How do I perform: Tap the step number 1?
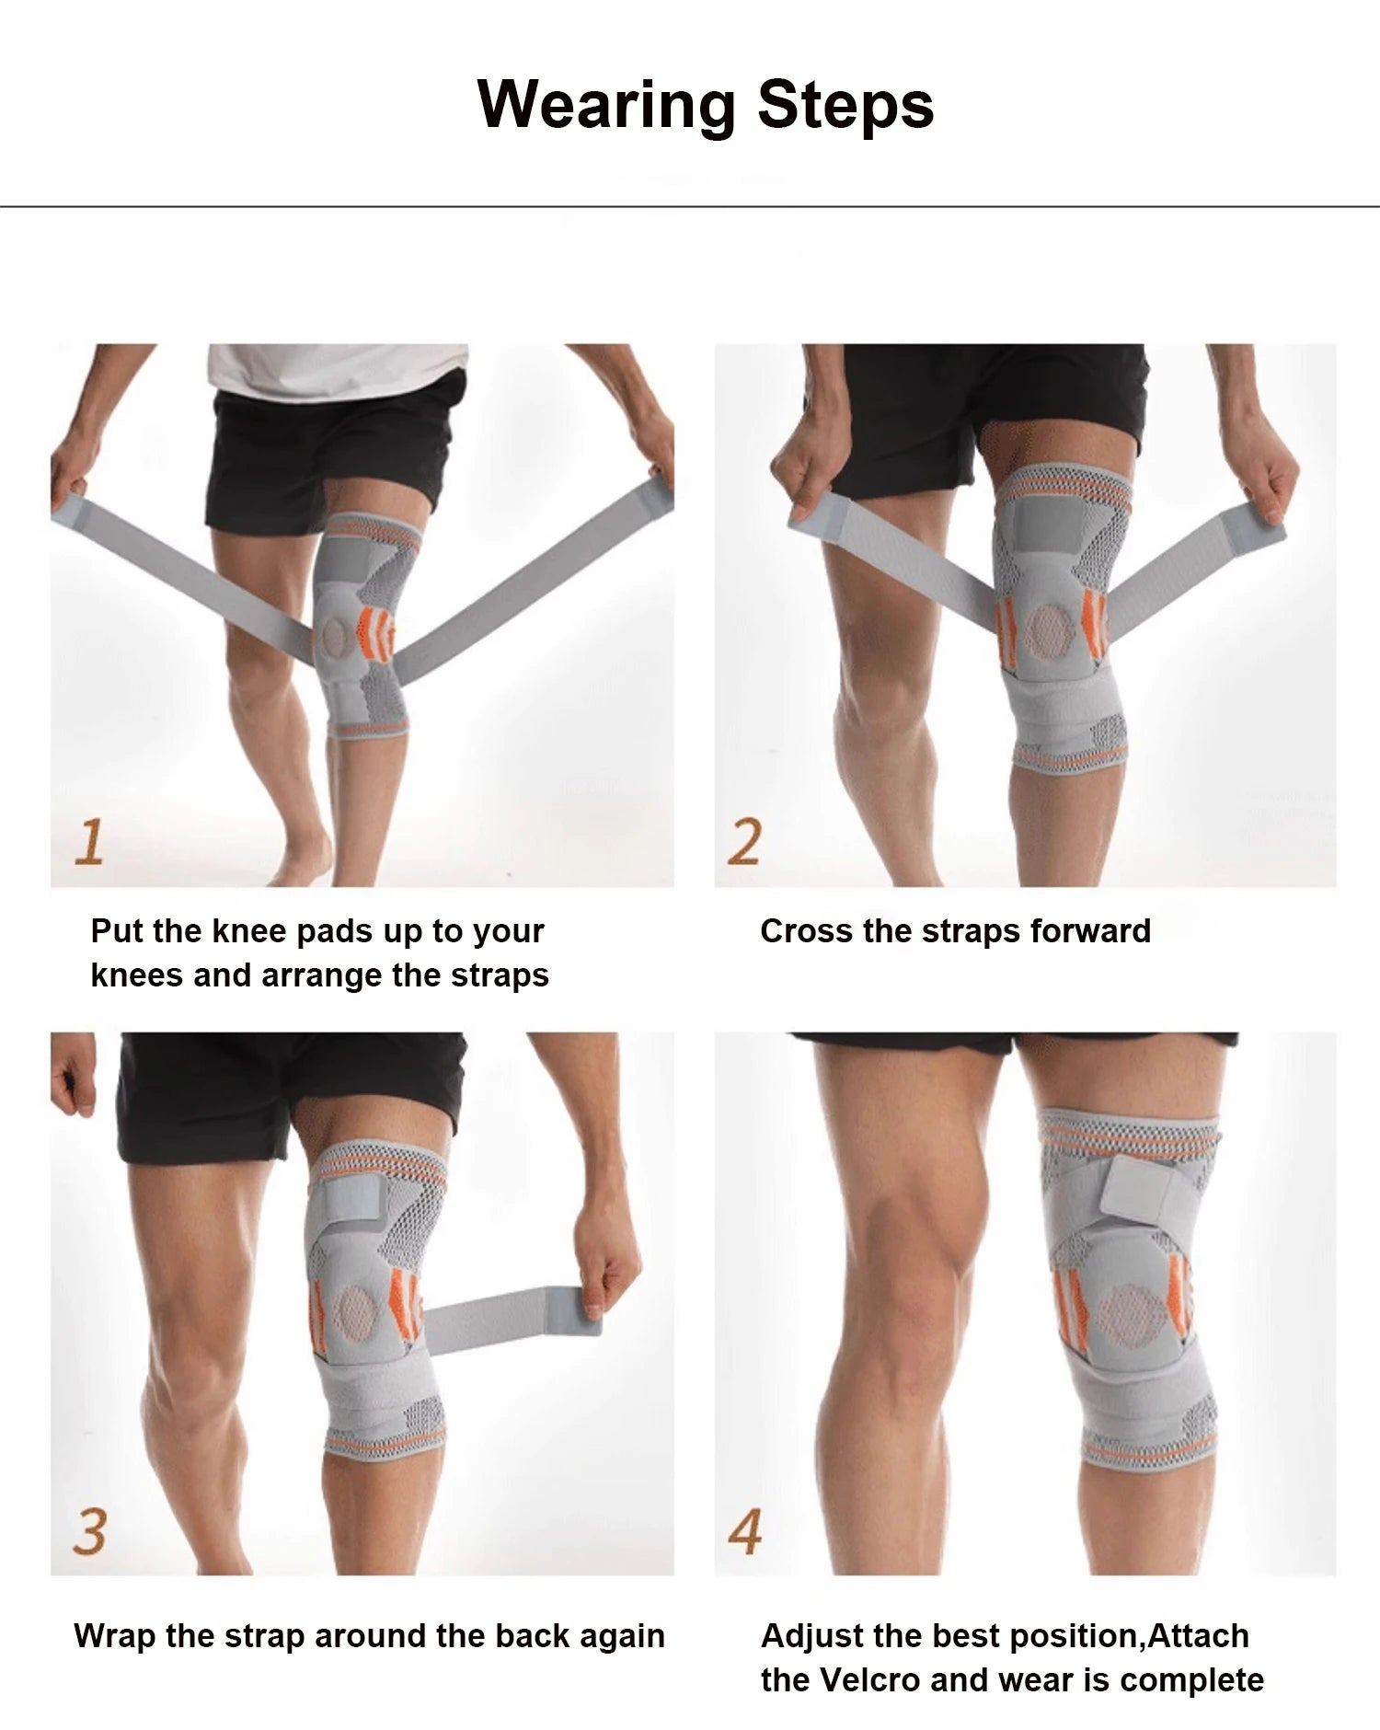pyautogui.click(x=89, y=842)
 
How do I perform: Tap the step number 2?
pyautogui.click(x=743, y=842)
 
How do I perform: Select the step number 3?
pyautogui.click(x=89, y=1531)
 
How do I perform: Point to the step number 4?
pyautogui.click(x=744, y=1531)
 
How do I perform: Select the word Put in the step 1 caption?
pyautogui.click(x=118, y=930)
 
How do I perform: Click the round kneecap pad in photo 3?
pyautogui.click(x=355, y=1312)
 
